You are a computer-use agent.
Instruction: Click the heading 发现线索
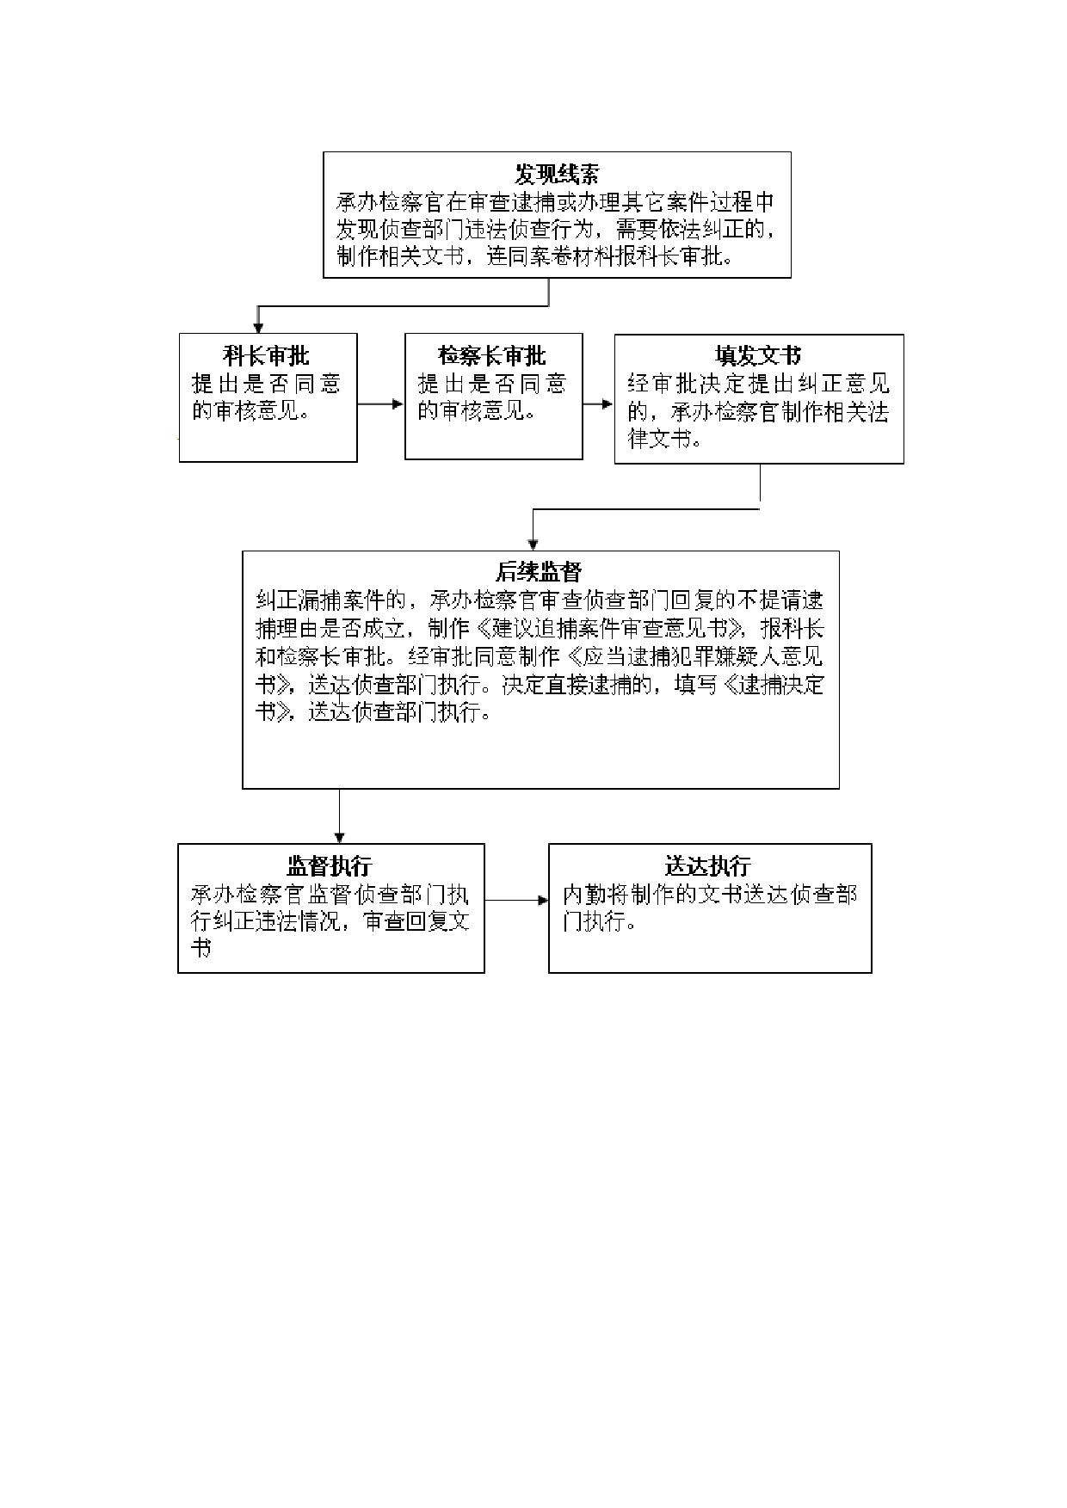(x=557, y=175)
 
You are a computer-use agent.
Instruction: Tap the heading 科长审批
(x=267, y=355)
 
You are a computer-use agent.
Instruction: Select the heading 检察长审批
(x=492, y=355)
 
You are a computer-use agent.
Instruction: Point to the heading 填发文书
(x=758, y=356)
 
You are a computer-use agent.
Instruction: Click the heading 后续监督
(x=540, y=572)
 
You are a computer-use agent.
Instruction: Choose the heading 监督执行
(x=330, y=865)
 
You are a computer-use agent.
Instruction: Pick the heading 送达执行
(x=709, y=865)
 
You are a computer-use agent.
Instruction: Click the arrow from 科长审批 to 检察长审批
(x=380, y=404)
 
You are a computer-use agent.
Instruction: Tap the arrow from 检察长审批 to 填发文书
(x=598, y=404)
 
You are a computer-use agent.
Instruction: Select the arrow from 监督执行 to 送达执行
(x=516, y=901)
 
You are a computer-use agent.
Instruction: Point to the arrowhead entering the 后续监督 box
(x=533, y=545)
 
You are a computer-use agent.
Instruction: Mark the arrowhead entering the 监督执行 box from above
(x=340, y=838)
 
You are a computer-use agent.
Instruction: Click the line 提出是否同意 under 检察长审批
(x=492, y=384)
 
